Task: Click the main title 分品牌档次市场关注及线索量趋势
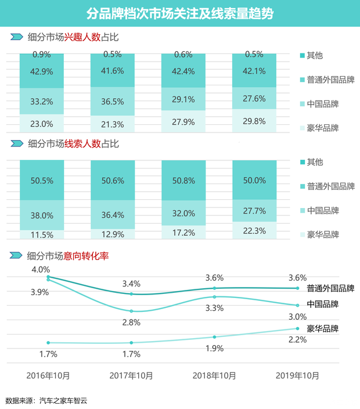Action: (x=180, y=12)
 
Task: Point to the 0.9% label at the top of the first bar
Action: (x=42, y=54)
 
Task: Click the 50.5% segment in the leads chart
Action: (x=42, y=181)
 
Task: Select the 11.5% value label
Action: (x=42, y=235)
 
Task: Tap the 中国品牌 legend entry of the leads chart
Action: (x=323, y=210)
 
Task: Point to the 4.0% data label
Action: (x=41, y=270)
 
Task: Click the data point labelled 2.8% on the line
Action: (x=132, y=311)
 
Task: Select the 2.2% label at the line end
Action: (x=297, y=340)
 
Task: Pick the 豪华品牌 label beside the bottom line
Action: (x=322, y=328)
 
